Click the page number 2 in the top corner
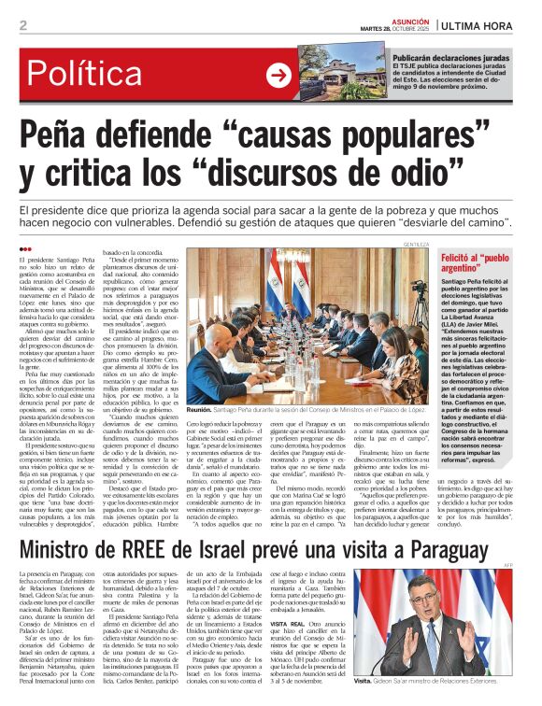coord(22,25)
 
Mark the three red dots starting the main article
coord(25,248)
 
